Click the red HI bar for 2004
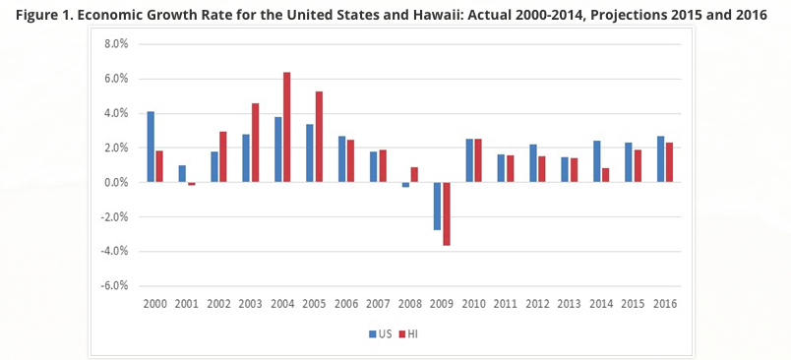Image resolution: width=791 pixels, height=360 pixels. [x=286, y=127]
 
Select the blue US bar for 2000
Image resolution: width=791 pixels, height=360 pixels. [x=151, y=147]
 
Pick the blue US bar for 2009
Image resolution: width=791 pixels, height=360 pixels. [x=436, y=206]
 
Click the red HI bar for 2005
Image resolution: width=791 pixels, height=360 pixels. [x=319, y=137]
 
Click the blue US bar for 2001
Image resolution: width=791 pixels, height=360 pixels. [x=182, y=173]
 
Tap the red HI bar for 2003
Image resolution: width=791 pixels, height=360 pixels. [x=255, y=143]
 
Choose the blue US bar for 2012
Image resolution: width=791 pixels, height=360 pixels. [x=531, y=163]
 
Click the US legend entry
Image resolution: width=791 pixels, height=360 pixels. [x=379, y=333]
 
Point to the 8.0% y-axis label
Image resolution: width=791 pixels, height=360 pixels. [x=116, y=44]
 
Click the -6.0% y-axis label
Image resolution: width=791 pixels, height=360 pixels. [x=114, y=286]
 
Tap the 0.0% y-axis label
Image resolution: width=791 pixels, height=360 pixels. [x=116, y=182]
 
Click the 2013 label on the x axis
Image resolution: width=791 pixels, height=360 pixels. [x=569, y=304]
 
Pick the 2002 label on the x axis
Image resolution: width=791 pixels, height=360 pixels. [x=218, y=304]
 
